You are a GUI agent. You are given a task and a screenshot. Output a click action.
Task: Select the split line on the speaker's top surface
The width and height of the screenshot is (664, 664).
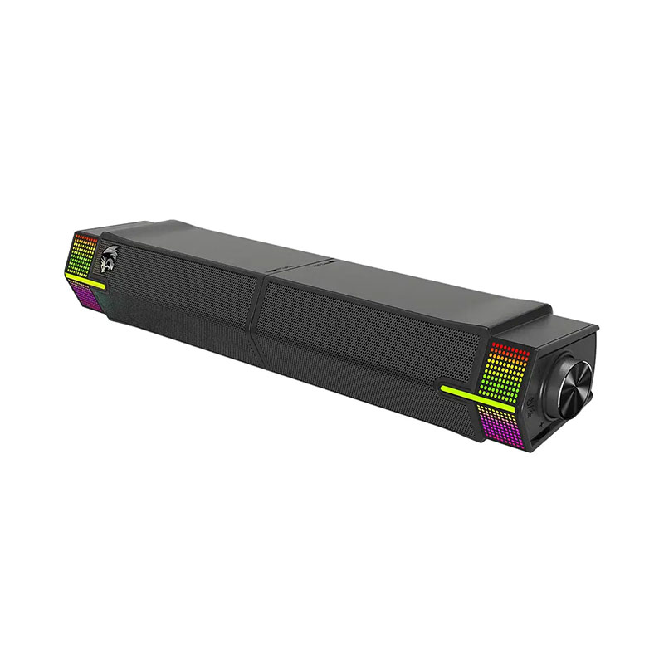click(311, 264)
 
